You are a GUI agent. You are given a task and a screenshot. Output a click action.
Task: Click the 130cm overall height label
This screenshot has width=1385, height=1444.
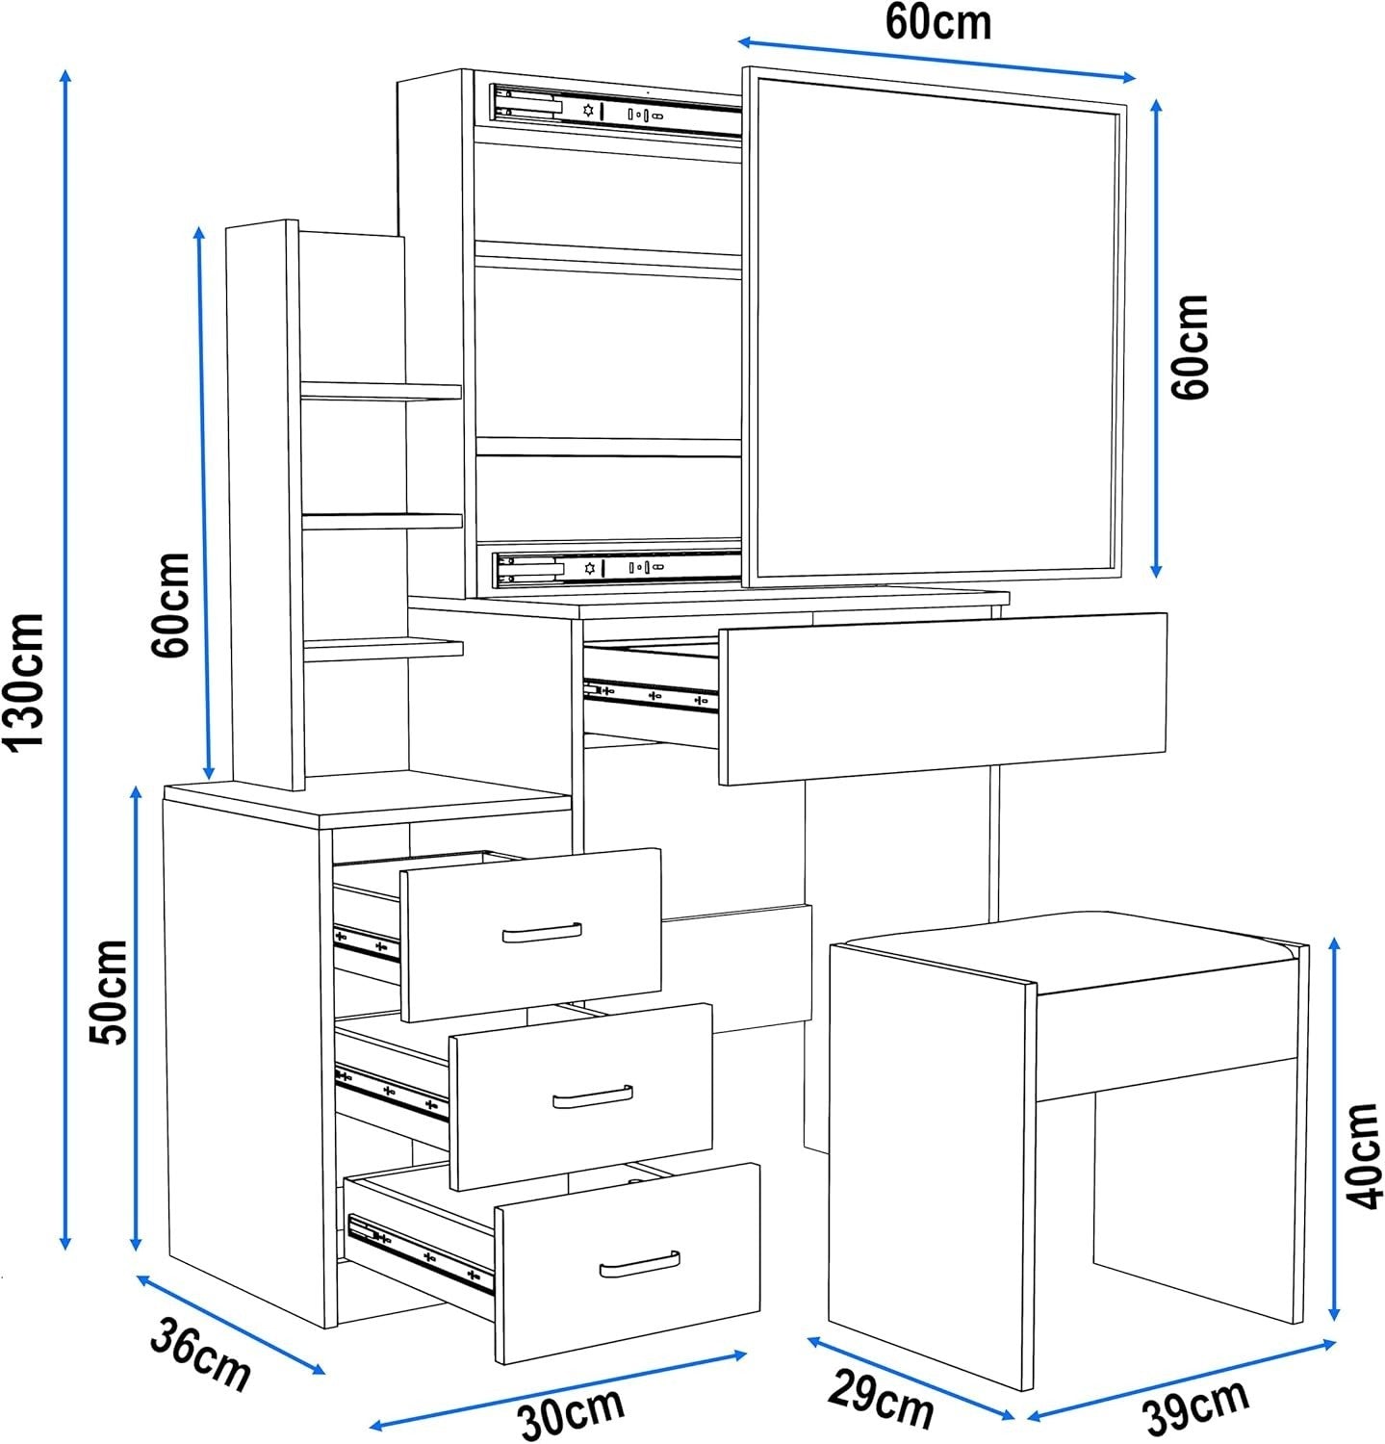tap(24, 680)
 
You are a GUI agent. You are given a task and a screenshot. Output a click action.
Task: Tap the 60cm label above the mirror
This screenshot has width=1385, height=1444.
tap(938, 22)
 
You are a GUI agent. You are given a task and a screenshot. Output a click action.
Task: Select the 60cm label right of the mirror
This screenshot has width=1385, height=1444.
tap(1190, 347)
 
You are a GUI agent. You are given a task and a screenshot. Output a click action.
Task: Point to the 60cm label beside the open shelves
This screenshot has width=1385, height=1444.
tap(171, 605)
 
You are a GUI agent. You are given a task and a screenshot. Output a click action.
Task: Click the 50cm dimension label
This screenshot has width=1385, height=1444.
tap(108, 993)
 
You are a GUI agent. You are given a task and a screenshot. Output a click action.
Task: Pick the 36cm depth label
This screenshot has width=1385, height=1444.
tap(200, 1356)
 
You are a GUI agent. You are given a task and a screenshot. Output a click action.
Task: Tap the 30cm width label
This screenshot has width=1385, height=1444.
tap(572, 1412)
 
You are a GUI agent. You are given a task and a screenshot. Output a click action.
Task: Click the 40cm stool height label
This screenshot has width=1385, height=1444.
tap(1363, 1155)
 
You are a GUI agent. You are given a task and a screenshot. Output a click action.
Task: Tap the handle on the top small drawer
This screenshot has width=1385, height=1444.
tap(542, 932)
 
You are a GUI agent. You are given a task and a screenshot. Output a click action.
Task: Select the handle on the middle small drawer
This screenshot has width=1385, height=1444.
tap(593, 1096)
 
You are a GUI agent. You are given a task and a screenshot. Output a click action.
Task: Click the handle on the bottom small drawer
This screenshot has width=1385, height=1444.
tap(639, 1264)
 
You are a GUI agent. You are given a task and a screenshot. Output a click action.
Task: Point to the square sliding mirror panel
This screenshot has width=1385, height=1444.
tap(934, 327)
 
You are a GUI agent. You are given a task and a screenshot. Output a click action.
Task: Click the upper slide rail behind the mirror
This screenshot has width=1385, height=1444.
tap(616, 109)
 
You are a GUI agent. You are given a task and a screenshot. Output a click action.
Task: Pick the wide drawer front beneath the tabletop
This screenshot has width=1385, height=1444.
tap(943, 698)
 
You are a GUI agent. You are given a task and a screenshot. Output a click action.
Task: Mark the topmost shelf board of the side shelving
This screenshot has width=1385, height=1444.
tap(381, 390)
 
